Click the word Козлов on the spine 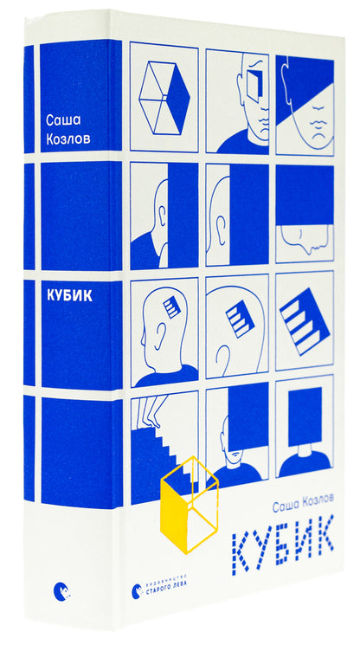click(68, 138)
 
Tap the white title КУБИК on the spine click(70, 297)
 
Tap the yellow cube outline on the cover click(189, 505)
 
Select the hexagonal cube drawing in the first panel click(164, 98)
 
